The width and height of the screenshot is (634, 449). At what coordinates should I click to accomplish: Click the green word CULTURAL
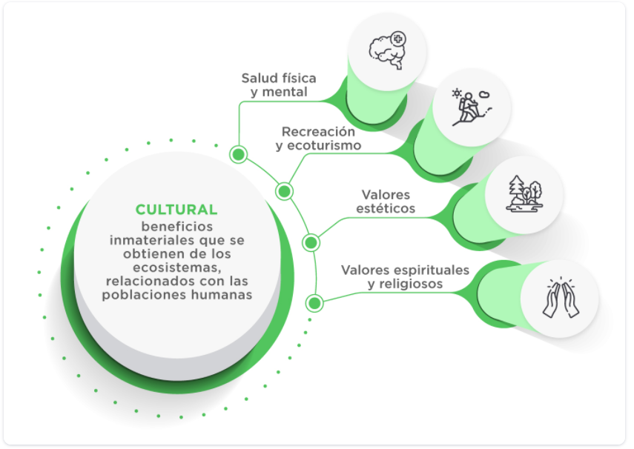click(x=176, y=210)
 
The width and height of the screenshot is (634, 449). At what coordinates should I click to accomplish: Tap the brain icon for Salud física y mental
click(x=388, y=49)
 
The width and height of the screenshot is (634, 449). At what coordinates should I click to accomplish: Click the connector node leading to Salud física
click(x=238, y=154)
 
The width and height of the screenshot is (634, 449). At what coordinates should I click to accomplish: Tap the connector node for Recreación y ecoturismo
click(x=284, y=191)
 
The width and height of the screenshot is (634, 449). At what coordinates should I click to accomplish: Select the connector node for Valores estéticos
click(x=311, y=242)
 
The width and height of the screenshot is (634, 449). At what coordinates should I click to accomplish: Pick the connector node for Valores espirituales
click(x=314, y=302)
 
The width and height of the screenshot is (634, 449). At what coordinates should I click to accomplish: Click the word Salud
click(x=258, y=79)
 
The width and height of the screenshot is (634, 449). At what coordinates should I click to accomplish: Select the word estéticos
click(x=386, y=209)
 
